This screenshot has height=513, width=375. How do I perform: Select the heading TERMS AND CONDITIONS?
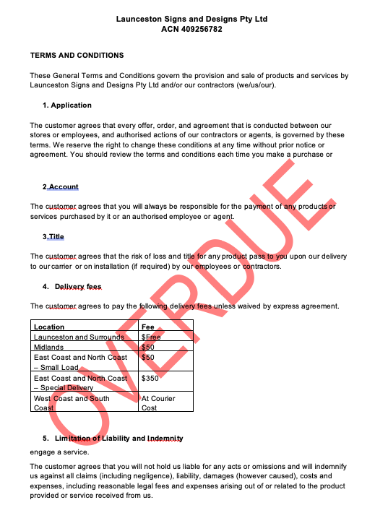(x=77, y=55)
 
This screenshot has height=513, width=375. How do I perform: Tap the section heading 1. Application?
(x=66, y=105)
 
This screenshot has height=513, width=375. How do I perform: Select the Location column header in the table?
(x=49, y=327)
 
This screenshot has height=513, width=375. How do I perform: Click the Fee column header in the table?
(x=147, y=327)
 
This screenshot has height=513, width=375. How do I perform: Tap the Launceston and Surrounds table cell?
(x=79, y=337)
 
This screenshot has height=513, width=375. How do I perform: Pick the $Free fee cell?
(x=151, y=337)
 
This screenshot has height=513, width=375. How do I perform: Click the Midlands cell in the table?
(x=50, y=347)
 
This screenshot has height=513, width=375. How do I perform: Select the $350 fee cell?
(x=150, y=378)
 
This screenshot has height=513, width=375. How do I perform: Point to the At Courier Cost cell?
(x=158, y=402)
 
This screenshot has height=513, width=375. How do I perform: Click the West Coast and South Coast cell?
(x=72, y=402)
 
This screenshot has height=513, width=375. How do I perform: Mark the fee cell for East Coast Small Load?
(x=147, y=357)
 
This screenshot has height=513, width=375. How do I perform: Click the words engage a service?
(x=59, y=452)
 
